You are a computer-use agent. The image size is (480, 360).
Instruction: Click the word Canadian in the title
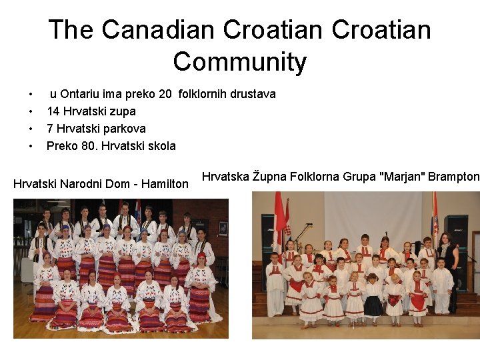point(159,29)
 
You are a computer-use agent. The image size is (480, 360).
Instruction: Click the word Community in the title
point(240,62)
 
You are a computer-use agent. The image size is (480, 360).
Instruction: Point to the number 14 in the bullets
point(53,111)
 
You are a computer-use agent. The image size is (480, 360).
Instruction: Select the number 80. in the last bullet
point(89,146)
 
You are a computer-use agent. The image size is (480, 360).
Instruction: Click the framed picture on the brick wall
point(223,228)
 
